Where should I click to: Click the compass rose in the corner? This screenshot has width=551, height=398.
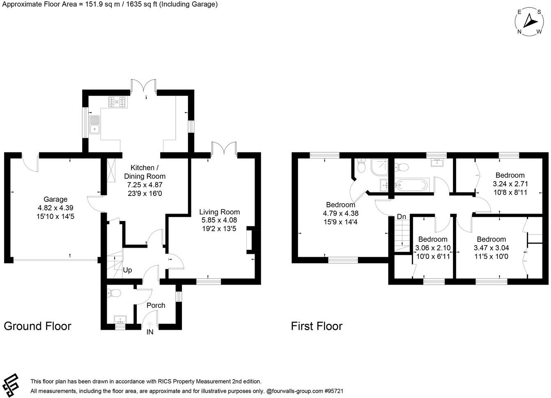pyautogui.click(x=530, y=22)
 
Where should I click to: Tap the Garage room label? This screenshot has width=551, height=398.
pyautogui.click(x=56, y=200)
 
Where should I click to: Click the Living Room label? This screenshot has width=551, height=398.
pyautogui.click(x=219, y=212)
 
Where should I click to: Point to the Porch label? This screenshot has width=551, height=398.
pyautogui.click(x=156, y=305)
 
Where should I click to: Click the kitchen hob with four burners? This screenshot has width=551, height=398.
pyautogui.click(x=117, y=101)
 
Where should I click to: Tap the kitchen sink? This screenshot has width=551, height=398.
pyautogui.click(x=95, y=125)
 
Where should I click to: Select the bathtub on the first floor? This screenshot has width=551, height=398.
pyautogui.click(x=412, y=185)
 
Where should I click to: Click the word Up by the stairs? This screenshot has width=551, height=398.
pyautogui.click(x=128, y=271)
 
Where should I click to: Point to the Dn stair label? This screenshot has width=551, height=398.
pyautogui.click(x=401, y=216)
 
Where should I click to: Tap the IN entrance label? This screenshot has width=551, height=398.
pyautogui.click(x=150, y=332)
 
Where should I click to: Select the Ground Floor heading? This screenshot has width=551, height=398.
pyautogui.click(x=37, y=326)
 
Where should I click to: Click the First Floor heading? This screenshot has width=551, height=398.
pyautogui.click(x=317, y=326)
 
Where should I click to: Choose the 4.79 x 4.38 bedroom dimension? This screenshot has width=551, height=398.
pyautogui.click(x=341, y=214)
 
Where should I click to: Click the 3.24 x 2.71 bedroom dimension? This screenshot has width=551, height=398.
pyautogui.click(x=510, y=184)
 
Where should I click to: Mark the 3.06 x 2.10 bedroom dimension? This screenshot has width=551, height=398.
pyautogui.click(x=433, y=248)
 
